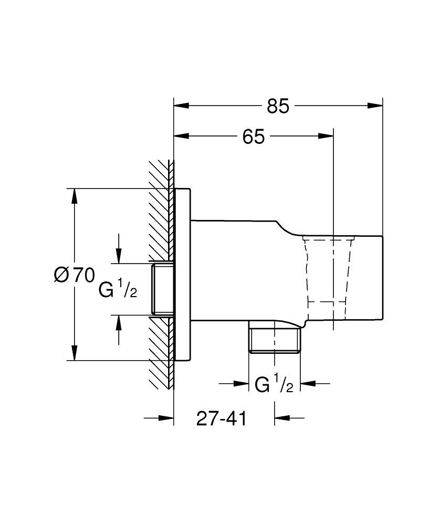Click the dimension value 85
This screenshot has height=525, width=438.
pos(278,106)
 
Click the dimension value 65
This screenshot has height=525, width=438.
pos(253,137)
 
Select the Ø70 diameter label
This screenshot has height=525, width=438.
pos(74,275)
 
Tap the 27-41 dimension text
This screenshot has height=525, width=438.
pos(221,418)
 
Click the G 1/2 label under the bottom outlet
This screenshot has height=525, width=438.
pos(274,385)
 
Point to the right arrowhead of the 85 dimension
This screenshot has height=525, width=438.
pos(375,106)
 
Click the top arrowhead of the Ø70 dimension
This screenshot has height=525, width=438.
pos(75,196)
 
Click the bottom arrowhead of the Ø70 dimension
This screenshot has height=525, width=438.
pos(75,353)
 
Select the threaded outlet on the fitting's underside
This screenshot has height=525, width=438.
pos(274,341)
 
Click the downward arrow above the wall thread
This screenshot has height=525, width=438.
pos(119,255)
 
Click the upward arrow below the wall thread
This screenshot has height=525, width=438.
pos(119,323)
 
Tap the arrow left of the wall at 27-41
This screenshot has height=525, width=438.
pos(165,418)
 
